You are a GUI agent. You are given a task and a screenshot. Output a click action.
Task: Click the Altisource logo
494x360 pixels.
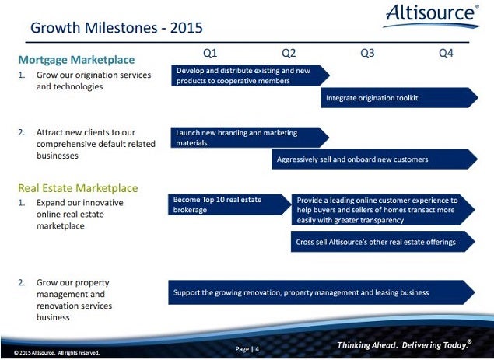(431, 16)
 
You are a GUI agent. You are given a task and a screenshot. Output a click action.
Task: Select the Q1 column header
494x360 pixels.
(210, 53)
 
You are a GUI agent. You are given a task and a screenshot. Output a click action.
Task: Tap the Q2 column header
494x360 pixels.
(289, 53)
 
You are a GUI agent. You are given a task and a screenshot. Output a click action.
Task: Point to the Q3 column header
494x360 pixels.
(367, 53)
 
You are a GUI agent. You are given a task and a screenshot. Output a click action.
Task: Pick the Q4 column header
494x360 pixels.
(446, 53)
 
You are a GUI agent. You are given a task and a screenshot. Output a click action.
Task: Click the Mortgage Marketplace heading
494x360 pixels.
(76, 60)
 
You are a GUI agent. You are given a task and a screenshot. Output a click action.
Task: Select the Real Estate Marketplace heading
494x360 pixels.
(78, 188)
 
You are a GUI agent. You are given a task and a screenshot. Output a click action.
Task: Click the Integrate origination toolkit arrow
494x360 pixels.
(400, 98)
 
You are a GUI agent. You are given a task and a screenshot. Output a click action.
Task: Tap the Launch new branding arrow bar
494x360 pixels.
(251, 138)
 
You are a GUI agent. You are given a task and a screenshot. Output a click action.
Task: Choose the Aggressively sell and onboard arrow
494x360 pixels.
(375, 159)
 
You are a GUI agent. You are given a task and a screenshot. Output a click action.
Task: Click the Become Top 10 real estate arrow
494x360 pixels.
(229, 204)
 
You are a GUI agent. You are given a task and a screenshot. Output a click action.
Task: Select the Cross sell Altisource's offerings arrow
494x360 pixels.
(383, 242)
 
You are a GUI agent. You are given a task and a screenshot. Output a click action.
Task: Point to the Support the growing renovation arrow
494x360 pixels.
(321, 292)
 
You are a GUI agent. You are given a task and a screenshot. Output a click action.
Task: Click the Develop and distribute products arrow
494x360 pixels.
(251, 75)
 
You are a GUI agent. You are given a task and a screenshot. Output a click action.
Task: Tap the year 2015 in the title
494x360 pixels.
(187, 28)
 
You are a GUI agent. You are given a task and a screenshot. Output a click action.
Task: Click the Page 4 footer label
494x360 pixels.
(247, 349)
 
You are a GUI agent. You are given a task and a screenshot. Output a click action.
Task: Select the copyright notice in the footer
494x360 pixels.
(57, 353)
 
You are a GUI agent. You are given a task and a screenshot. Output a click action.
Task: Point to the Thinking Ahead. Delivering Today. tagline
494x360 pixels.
(405, 344)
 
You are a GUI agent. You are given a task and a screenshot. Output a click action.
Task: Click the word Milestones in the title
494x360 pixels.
(121, 28)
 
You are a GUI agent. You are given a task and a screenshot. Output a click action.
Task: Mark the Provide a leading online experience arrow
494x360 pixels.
(383, 210)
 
